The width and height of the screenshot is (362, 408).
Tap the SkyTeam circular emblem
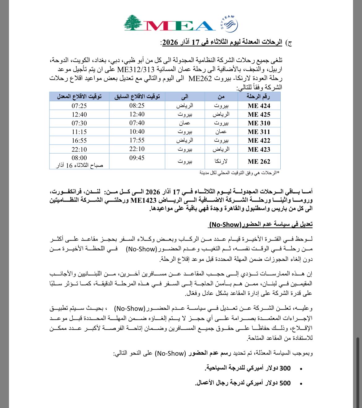[229, 24]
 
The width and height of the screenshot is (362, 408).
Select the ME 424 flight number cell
[259, 106]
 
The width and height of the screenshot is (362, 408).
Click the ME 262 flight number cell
[259, 162]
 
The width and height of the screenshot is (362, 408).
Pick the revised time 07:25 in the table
[79, 106]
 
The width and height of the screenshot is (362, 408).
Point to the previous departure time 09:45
[137, 158]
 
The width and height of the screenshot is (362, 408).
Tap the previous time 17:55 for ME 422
[137, 140]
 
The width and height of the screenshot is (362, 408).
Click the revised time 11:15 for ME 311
[79, 132]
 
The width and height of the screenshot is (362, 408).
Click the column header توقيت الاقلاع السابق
[137, 97]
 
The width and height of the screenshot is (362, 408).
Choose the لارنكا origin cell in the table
[221, 162]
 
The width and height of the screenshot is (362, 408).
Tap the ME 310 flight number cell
[259, 123]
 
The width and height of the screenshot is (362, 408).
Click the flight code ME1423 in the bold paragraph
[143, 200]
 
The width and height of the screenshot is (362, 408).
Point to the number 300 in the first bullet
[285, 368]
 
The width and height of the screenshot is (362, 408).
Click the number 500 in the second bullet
[285, 383]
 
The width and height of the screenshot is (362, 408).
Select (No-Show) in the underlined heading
[225, 224]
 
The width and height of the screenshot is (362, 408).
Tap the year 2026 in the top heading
[170, 42]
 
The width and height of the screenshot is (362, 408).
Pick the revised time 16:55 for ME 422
[79, 140]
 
